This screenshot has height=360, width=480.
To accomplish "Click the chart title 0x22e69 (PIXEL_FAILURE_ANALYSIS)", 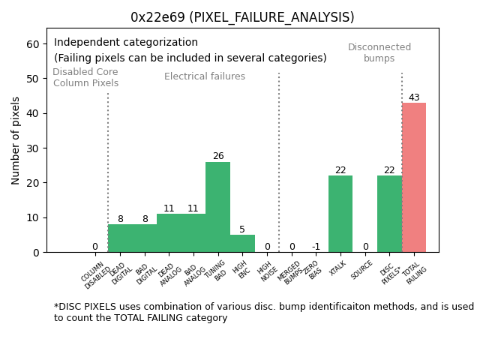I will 242,17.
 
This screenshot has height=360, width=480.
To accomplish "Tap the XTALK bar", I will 340,214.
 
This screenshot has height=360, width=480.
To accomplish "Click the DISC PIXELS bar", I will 389,214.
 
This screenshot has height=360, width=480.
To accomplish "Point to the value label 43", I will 414,97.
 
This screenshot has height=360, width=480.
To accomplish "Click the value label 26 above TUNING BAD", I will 217,157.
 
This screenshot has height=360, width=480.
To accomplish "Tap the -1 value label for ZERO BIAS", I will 316,247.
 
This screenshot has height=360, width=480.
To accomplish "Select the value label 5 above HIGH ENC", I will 242,229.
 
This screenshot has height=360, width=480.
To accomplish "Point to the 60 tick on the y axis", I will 32,44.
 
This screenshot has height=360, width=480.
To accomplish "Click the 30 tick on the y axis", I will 32,148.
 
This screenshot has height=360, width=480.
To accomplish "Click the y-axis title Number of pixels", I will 16,140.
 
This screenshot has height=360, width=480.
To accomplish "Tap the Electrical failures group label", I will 205,76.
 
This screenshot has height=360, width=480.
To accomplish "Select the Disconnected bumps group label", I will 379,52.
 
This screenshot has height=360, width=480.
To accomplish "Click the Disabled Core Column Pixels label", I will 85,78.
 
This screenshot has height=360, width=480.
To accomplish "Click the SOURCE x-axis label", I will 362,271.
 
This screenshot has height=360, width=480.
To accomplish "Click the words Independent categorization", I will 126,43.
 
